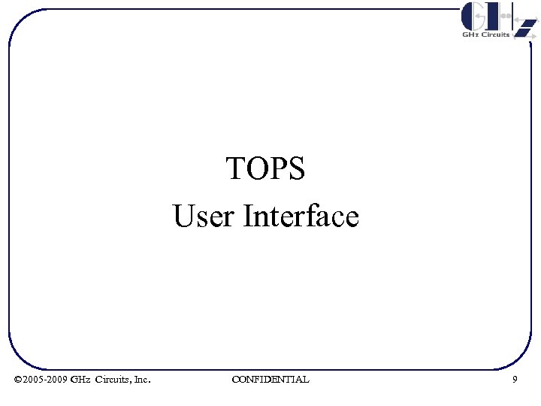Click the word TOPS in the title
click(x=265, y=169)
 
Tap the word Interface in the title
click(x=301, y=217)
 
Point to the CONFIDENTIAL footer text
click(x=270, y=380)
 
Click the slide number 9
click(x=515, y=380)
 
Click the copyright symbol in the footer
click(x=18, y=380)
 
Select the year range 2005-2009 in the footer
click(x=45, y=380)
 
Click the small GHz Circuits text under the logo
click(x=485, y=35)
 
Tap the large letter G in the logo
click(x=474, y=16)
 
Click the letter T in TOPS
click(x=234, y=169)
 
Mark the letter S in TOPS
click(x=298, y=169)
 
